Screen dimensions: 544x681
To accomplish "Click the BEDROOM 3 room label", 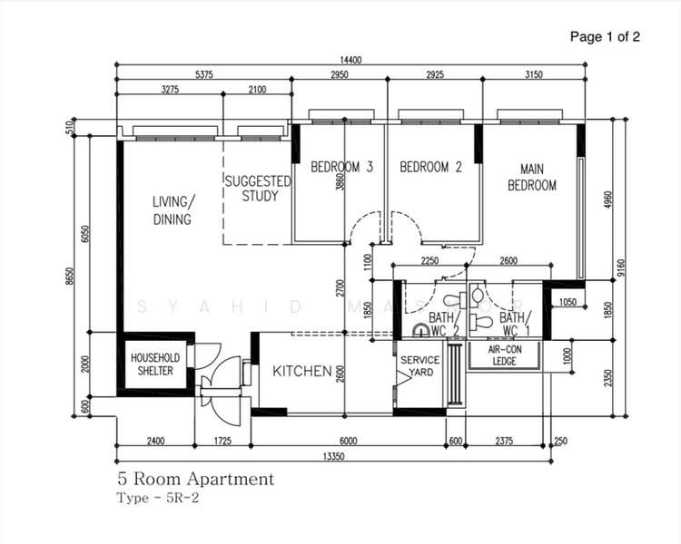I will [342, 167].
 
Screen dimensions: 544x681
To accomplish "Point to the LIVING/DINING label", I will [173, 209].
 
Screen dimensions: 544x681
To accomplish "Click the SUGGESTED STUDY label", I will [259, 189].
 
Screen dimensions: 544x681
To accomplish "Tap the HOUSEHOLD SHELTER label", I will [155, 364].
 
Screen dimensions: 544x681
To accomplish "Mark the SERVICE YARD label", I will [420, 366].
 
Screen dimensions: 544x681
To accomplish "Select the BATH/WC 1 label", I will [513, 324].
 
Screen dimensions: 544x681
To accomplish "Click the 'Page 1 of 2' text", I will [605, 37].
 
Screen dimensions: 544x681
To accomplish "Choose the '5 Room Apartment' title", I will [194, 479].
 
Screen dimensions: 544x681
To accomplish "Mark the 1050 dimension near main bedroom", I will [568, 302].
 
